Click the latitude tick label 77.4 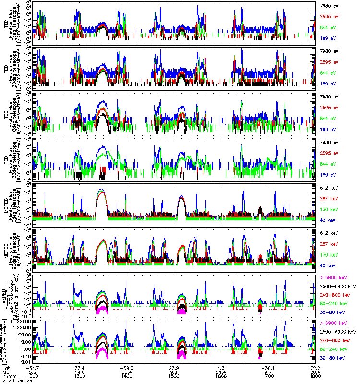(x=80, y=367)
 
